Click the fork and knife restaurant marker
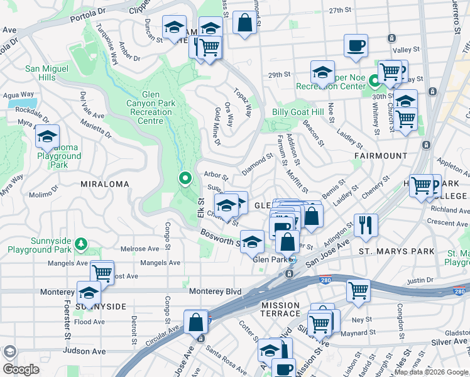(366, 225)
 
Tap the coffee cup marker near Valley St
(356, 45)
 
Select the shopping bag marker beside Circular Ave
(196, 321)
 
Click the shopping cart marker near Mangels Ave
(102, 272)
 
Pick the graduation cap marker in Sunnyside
(89, 293)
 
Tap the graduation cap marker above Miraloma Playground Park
(47, 136)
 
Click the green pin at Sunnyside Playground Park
(80, 243)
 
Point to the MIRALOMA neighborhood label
(104, 184)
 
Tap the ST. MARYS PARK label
(396, 251)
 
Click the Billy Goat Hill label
(297, 112)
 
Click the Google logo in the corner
(21, 370)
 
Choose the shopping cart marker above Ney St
(358, 290)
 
